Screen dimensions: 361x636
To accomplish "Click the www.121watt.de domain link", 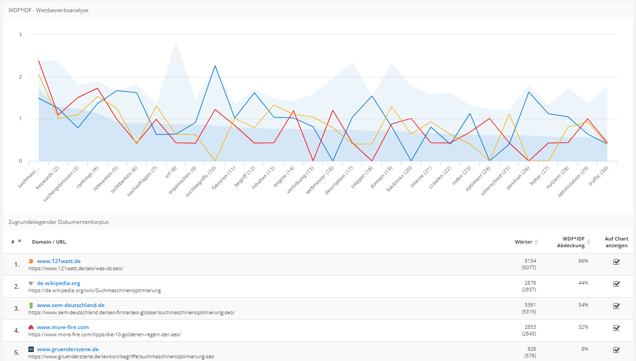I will pyautogui.click(x=59, y=261).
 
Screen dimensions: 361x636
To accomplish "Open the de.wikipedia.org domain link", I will pyautogui.click(x=59, y=283).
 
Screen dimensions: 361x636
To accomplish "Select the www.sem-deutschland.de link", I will pyautogui.click(x=71, y=305).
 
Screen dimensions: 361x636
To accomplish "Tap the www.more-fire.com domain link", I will pyautogui.click(x=63, y=327).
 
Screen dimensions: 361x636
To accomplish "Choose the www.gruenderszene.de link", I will pyautogui.click(x=68, y=349).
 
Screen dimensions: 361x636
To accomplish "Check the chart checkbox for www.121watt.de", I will pyautogui.click(x=617, y=262).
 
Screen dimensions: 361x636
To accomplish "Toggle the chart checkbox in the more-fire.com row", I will pyautogui.click(x=617, y=328).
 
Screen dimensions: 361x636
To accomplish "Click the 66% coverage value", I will pyautogui.click(x=583, y=261).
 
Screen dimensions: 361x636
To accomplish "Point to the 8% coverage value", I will pyautogui.click(x=585, y=349).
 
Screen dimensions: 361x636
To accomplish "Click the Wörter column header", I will pyautogui.click(x=523, y=242).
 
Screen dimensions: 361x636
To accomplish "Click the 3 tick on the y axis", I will pyautogui.click(x=20, y=35).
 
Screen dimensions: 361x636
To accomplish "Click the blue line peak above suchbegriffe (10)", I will pyautogui.click(x=215, y=66).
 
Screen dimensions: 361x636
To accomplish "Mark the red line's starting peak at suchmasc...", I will pyautogui.click(x=39, y=60).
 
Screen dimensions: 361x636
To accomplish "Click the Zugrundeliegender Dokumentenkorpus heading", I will pyautogui.click(x=59, y=222).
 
